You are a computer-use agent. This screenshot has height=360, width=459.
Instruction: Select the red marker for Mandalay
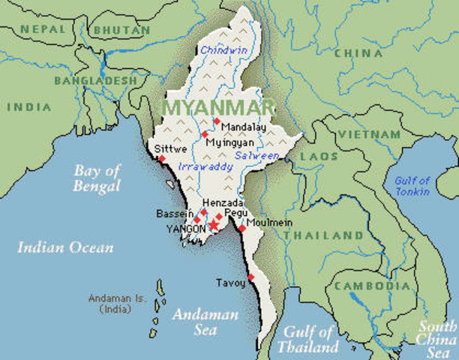click(x=216, y=121)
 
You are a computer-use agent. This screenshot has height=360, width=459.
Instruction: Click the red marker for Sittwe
click(x=162, y=159)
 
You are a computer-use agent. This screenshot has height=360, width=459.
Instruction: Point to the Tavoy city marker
click(x=250, y=277)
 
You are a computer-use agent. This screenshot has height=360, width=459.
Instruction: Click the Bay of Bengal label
click(x=97, y=178)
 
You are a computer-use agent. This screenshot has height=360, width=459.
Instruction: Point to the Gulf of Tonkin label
click(x=412, y=186)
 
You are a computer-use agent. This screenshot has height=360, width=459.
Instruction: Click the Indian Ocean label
click(x=65, y=247)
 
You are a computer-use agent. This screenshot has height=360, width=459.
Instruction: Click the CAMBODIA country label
click(x=372, y=286)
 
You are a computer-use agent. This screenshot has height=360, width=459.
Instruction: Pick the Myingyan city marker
click(x=204, y=134)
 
